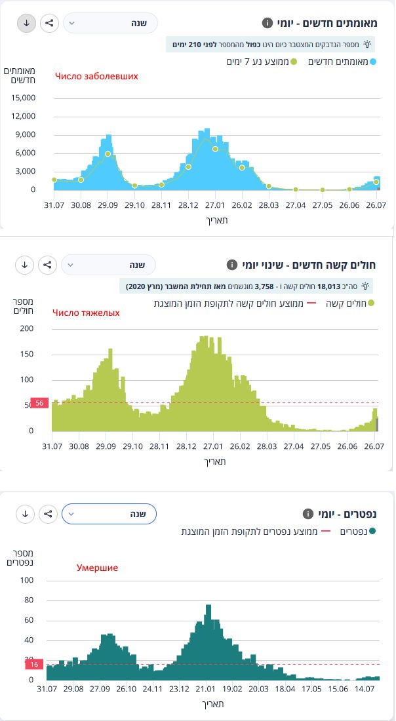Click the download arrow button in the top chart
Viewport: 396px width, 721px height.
coord(26,23)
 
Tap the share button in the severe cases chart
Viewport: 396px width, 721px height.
coord(47,265)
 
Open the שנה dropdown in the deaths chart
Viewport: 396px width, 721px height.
coord(109,514)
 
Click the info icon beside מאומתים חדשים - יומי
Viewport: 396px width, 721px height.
coord(267,24)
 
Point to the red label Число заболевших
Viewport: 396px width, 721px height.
coord(96,76)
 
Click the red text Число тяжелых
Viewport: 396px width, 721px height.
coord(86,313)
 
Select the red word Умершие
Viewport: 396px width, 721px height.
coord(97,568)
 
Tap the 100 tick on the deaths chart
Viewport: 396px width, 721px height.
coord(27,580)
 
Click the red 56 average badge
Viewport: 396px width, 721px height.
coord(39,403)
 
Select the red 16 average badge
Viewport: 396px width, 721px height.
coord(34,665)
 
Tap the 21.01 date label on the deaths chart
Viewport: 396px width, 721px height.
coord(205,689)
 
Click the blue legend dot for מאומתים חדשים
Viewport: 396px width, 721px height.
coord(373,62)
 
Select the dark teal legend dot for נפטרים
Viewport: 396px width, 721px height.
coord(372,532)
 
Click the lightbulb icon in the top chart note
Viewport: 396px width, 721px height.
coord(368,45)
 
